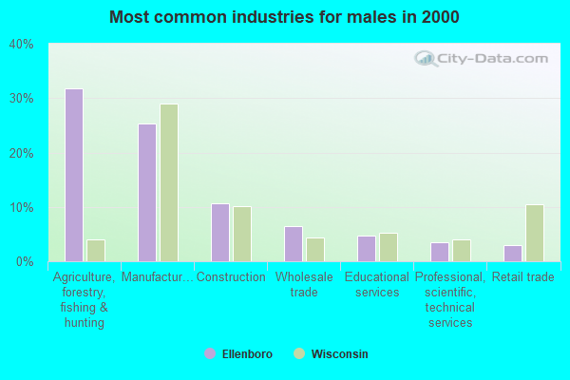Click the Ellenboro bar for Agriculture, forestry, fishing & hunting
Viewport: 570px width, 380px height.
pyautogui.click(x=74, y=176)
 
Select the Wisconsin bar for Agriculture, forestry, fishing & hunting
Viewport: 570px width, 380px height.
pyautogui.click(x=96, y=251)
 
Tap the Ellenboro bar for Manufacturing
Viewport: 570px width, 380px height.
pyautogui.click(x=147, y=193)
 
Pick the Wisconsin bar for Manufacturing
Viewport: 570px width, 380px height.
pyautogui.click(x=169, y=183)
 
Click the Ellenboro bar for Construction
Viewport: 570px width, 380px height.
pyautogui.click(x=220, y=233)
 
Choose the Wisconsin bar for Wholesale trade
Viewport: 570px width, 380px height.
pyautogui.click(x=315, y=250)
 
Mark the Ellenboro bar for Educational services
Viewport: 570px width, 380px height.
pyautogui.click(x=367, y=249)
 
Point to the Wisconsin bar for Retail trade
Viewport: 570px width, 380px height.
pyautogui.click(x=535, y=234)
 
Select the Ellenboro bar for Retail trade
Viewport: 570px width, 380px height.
pyautogui.click(x=513, y=254)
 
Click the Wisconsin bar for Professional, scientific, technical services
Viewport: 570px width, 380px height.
pyautogui.click(x=462, y=251)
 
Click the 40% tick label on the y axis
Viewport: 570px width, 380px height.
pyautogui.click(x=21, y=45)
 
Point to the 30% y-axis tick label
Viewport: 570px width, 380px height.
pyautogui.click(x=21, y=99)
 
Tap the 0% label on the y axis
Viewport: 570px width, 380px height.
pyautogui.click(x=24, y=262)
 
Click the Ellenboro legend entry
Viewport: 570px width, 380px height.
pyautogui.click(x=238, y=354)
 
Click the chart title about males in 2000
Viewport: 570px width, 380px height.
pyautogui.click(x=284, y=17)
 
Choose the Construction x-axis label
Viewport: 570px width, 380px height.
pyautogui.click(x=231, y=277)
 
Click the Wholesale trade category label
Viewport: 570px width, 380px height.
pyautogui.click(x=304, y=284)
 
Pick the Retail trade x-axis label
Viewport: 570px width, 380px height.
pyautogui.click(x=522, y=277)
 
